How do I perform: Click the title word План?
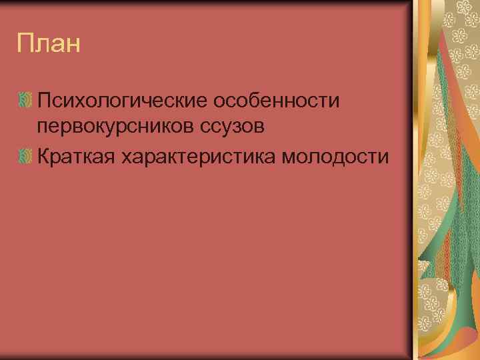pos(49,45)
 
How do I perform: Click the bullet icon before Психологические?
pos(25,101)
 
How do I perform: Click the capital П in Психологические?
pos(45,101)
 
